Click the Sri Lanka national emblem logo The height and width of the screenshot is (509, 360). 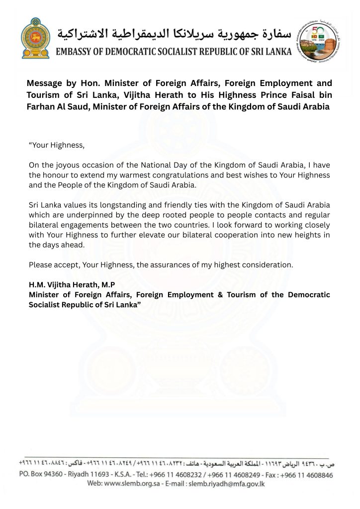click(36, 39)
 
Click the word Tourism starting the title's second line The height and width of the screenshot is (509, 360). click(45, 95)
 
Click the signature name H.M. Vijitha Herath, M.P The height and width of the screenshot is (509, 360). click(72, 285)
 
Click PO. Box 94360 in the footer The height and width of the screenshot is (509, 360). click(41, 474)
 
